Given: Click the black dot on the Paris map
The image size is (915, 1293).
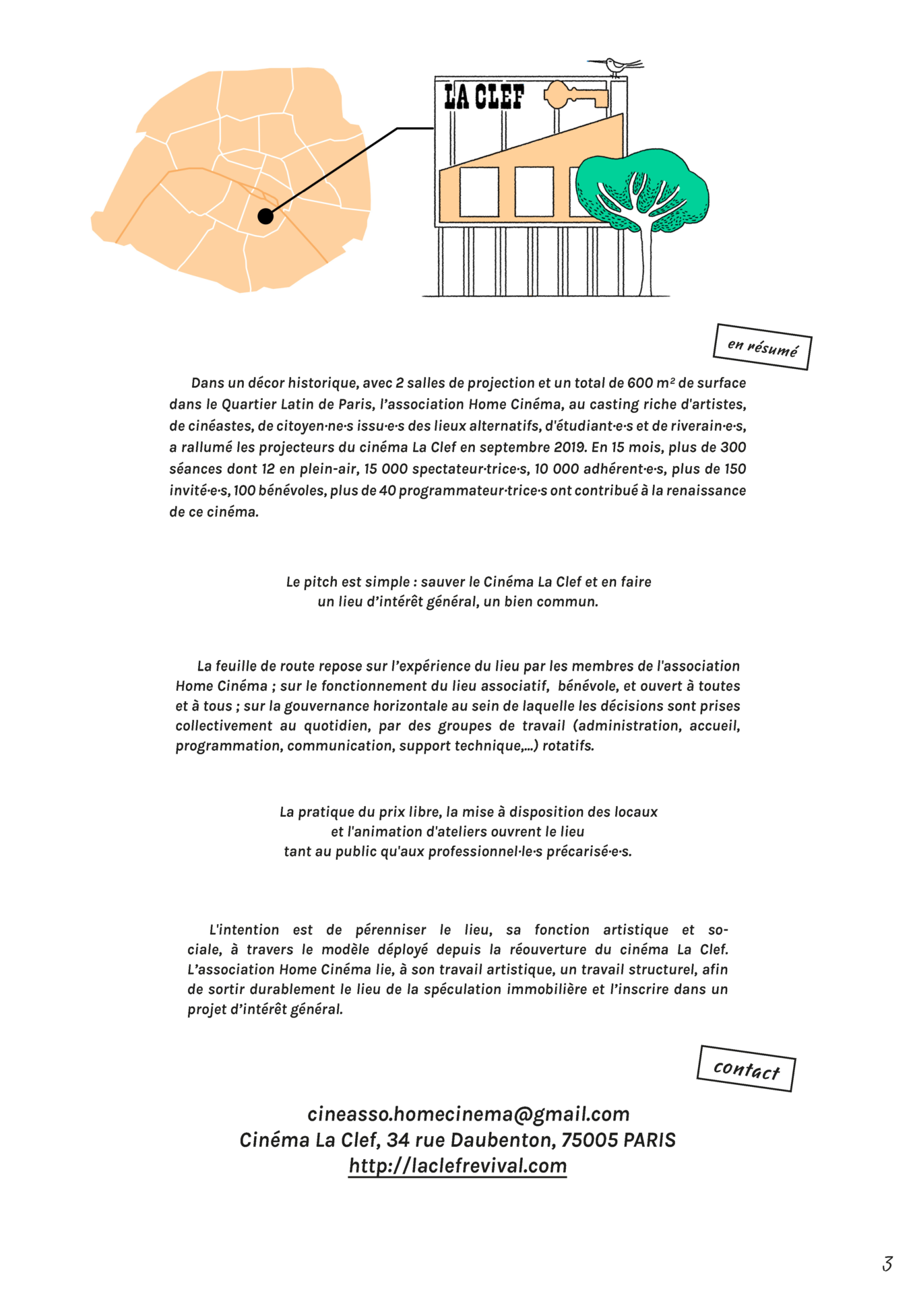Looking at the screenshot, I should (x=265, y=216).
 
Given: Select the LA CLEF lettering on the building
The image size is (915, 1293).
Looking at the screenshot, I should (x=484, y=96).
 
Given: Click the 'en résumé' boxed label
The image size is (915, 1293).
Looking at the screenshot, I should (x=762, y=347).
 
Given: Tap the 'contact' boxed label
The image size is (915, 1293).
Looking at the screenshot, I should (x=746, y=1069).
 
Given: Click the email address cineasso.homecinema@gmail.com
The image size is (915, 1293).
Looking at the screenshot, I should (x=468, y=1115).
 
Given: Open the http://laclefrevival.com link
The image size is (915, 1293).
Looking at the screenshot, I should (x=458, y=1166).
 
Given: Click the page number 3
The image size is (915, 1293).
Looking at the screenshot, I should (x=887, y=1264).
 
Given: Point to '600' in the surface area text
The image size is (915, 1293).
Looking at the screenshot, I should (x=639, y=383).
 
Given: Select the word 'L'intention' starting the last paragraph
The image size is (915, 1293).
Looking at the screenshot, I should (x=244, y=930).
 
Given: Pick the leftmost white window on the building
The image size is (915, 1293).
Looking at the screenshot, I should (x=479, y=192).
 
